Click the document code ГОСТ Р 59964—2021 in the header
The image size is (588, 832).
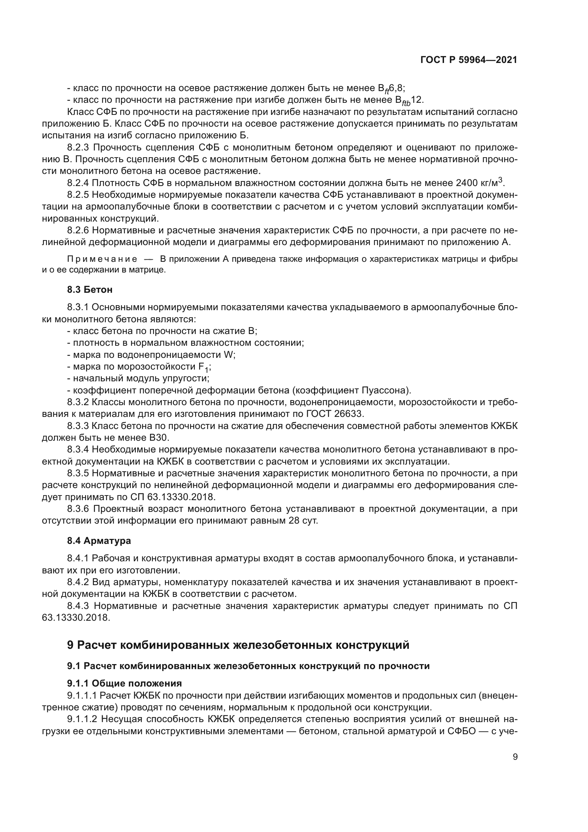click(469, 60)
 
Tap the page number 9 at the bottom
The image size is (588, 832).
click(515, 767)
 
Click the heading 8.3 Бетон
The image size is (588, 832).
click(90, 290)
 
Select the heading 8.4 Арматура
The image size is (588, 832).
click(99, 541)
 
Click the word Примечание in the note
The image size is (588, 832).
click(102, 259)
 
